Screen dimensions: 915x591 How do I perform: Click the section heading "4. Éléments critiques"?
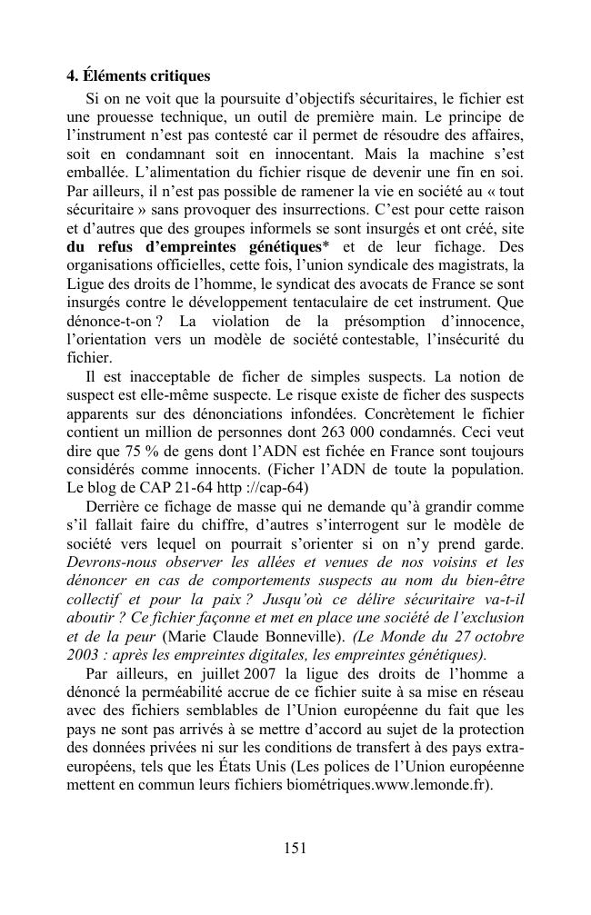tap(138, 76)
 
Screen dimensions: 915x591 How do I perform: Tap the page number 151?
tap(295, 848)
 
